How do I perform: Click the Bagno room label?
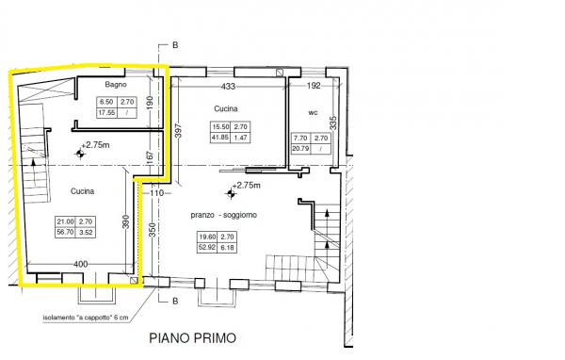click(x=116, y=85)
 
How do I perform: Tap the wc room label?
click(x=314, y=112)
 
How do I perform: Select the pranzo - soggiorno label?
click(x=224, y=215)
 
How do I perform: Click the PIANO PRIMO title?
click(x=193, y=338)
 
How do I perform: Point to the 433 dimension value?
click(x=228, y=86)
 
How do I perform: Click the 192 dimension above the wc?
click(x=314, y=86)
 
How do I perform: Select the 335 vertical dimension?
click(x=333, y=123)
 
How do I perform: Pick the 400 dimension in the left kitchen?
click(x=80, y=265)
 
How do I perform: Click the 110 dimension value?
click(x=156, y=193)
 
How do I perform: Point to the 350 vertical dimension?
click(x=152, y=230)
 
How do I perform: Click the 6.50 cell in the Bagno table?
click(x=106, y=102)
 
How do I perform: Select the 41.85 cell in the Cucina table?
click(x=220, y=138)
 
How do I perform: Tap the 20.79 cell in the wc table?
click(x=300, y=148)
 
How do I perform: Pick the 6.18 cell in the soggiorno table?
click(x=227, y=248)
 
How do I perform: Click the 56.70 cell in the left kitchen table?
click(x=65, y=232)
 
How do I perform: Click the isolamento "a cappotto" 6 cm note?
click(x=86, y=319)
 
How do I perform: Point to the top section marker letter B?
click(x=175, y=45)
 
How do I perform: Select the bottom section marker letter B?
click(x=175, y=302)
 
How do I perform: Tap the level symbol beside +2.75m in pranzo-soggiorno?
click(x=231, y=194)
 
